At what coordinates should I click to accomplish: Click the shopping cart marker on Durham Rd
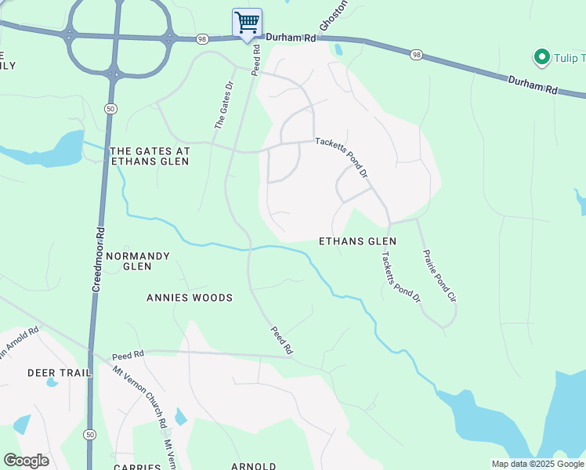[x=247, y=22]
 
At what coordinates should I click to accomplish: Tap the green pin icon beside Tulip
[x=540, y=57]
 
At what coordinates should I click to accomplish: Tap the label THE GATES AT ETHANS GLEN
[x=150, y=155]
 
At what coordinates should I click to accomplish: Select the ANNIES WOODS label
[x=190, y=298]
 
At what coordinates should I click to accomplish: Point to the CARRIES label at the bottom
[x=137, y=466]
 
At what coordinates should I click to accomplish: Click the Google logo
[x=26, y=461]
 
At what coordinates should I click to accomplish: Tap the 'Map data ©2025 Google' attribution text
[x=537, y=464]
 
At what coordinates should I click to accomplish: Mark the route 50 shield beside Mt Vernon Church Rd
[x=90, y=434]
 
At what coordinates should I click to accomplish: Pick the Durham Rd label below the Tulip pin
[x=532, y=85]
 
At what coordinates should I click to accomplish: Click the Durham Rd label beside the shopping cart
[x=290, y=38]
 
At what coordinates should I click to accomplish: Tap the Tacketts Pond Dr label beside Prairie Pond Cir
[x=401, y=277]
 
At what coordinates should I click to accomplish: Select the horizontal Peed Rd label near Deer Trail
[x=128, y=355]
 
